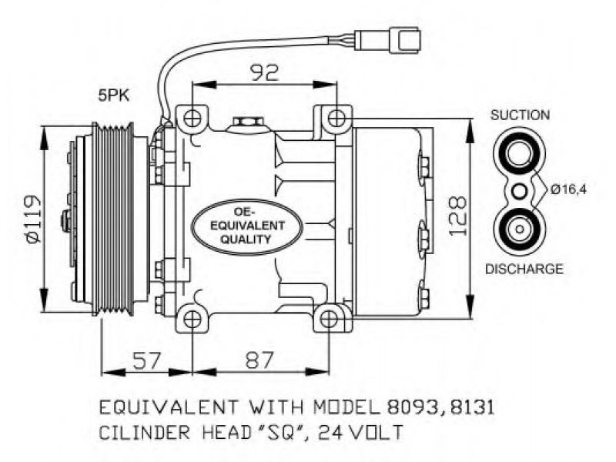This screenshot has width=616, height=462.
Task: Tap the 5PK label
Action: click(113, 95)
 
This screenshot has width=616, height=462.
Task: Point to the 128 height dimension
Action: click(457, 216)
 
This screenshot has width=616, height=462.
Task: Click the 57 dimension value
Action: click(147, 360)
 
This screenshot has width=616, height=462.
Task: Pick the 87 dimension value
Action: click(259, 360)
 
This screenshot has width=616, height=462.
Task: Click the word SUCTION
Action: click(520, 115)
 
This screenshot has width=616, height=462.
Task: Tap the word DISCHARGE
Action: click(524, 269)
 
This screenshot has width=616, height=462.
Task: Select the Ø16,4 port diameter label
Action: click(568, 189)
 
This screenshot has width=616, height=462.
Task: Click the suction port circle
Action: click(519, 153)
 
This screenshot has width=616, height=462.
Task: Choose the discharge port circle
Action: click(519, 229)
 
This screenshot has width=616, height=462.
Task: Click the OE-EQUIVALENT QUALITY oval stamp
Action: click(246, 226)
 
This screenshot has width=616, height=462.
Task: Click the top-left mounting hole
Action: click(192, 118)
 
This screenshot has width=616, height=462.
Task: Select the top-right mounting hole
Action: click(336, 118)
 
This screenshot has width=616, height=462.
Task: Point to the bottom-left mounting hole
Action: click(192, 319)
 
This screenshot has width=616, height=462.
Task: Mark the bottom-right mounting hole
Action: click(330, 319)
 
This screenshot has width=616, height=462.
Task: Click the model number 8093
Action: click(413, 408)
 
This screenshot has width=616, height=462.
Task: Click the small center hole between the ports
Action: click(520, 192)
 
